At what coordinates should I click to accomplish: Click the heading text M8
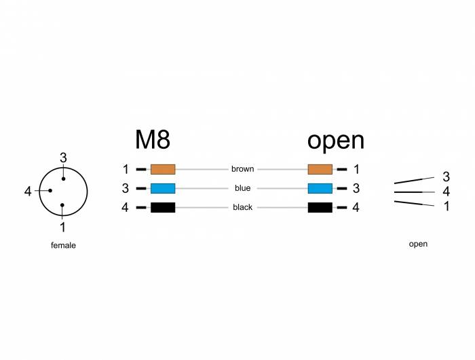(152, 139)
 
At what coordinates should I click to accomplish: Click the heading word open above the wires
(335, 140)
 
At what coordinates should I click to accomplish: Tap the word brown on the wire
(242, 169)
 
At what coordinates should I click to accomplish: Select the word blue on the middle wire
(242, 188)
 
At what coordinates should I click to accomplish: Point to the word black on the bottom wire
(242, 207)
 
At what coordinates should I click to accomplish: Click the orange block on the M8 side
(163, 169)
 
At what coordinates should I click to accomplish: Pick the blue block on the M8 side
(163, 188)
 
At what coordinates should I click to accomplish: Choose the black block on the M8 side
(163, 207)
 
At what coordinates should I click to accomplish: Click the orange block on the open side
(320, 169)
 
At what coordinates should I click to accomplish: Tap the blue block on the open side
(320, 188)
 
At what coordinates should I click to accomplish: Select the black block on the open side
(320, 207)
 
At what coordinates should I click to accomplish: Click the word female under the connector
(63, 245)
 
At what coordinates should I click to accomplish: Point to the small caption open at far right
(419, 244)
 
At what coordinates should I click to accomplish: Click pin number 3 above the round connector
(63, 158)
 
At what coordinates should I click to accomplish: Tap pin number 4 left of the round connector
(28, 192)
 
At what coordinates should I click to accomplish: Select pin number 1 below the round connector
(63, 228)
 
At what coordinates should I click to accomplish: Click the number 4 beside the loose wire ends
(446, 192)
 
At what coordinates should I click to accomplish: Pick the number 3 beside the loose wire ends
(446, 177)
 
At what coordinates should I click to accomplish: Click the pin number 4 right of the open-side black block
(356, 207)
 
